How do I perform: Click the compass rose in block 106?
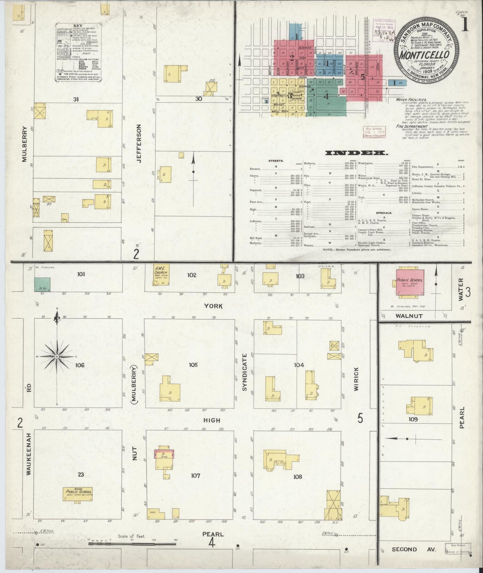click(57, 357)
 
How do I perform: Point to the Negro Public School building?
click(78, 493)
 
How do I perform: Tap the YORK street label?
click(214, 306)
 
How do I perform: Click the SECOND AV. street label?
click(413, 549)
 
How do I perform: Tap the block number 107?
click(195, 475)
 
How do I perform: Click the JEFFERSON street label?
click(139, 143)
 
